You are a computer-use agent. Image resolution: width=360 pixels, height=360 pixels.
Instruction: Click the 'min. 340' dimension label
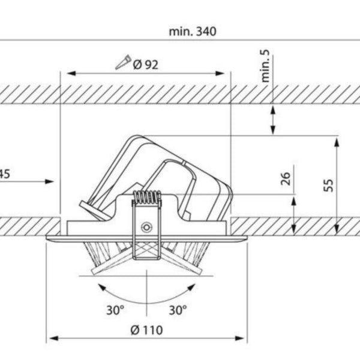coord(193,31)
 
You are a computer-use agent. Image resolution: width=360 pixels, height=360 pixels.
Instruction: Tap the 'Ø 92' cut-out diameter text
coord(146,65)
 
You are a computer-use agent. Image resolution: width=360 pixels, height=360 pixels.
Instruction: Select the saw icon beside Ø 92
coord(123,62)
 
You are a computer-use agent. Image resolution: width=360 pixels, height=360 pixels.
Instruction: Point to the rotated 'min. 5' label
coord(265,65)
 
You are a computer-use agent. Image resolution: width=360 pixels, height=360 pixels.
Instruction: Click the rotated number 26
coord(286,178)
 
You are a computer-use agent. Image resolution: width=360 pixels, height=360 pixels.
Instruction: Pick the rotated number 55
coord(328,185)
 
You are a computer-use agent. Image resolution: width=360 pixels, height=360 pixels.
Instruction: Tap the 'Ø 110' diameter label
coord(146,330)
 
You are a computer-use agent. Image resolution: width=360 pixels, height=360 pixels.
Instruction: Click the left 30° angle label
coord(115,310)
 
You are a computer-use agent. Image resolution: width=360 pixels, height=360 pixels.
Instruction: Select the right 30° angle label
coord(178,310)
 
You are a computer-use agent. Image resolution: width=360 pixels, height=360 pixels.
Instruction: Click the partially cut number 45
coord(5,174)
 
